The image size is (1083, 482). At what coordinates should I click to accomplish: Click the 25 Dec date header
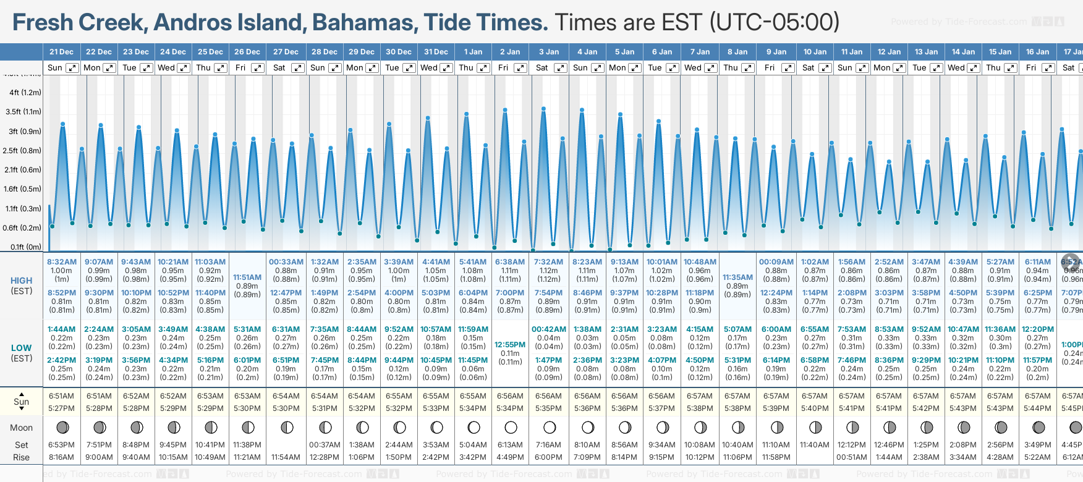(210, 52)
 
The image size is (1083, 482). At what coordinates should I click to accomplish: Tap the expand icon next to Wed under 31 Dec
(446, 68)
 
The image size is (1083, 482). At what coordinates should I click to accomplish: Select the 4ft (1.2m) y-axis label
(25, 93)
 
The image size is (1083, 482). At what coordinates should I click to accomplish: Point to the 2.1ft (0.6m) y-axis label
(23, 170)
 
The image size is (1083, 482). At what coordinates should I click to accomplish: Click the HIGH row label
(22, 281)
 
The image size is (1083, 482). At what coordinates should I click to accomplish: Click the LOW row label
(21, 348)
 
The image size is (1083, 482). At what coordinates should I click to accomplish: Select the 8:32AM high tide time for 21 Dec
(62, 262)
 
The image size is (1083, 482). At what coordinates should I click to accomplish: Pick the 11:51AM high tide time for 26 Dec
(247, 277)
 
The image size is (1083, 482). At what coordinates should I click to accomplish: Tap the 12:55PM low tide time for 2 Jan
(510, 345)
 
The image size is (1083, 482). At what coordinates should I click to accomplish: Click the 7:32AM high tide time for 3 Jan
(548, 262)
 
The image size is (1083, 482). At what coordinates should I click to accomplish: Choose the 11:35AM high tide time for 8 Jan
(737, 277)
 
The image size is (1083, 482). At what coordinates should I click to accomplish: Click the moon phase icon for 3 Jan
(550, 427)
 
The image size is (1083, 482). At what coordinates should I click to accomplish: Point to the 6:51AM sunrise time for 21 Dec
(61, 396)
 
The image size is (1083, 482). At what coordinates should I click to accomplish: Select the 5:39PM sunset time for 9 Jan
(776, 408)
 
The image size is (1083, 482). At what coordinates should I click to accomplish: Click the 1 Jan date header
(473, 52)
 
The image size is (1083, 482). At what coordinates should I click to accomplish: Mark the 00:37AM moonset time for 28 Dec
(325, 445)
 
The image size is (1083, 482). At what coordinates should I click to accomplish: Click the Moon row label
(22, 428)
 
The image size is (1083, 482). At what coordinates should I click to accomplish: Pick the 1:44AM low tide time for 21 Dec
(61, 329)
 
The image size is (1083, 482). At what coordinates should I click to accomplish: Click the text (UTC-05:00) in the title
(775, 23)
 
